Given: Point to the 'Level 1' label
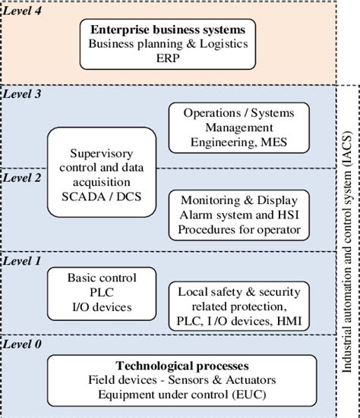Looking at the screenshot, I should [x=24, y=260].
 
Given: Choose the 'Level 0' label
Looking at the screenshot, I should [x=24, y=344].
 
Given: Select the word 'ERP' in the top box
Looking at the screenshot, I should [x=168, y=57].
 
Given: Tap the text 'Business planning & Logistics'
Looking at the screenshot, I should [x=168, y=44].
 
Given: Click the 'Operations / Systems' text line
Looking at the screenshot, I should [x=238, y=113].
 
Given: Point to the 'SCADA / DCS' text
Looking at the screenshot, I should [x=101, y=196].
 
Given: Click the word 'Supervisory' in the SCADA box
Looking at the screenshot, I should [x=101, y=152].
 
